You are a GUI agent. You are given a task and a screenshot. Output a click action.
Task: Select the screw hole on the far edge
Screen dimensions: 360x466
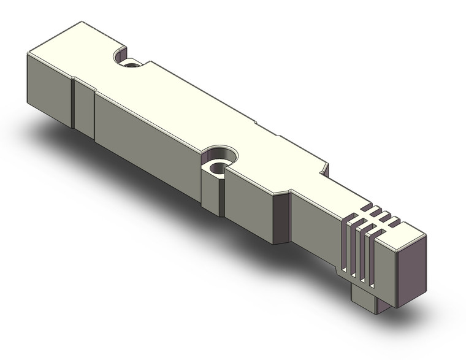coord(131,63)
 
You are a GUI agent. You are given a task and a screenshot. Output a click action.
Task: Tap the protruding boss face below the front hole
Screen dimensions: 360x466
coord(211,193)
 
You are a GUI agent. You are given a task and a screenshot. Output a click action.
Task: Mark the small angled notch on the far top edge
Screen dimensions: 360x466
coord(324,169)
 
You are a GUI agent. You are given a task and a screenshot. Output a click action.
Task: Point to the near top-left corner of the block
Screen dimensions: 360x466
coord(28,55)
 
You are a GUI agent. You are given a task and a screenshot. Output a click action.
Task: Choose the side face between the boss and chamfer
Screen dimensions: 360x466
coord(248,199)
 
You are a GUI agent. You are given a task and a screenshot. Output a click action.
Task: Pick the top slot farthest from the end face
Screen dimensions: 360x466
coord(367,209)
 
